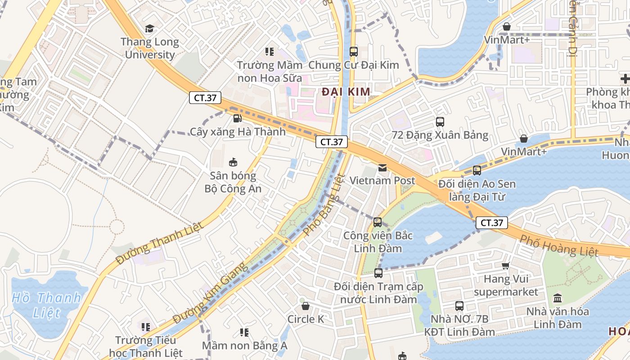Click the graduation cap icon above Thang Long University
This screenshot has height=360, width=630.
click(149, 29)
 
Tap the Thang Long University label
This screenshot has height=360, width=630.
click(150, 49)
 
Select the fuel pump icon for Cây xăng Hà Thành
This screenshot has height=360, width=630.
click(237, 118)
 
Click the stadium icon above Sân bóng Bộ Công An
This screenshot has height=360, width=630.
click(233, 162)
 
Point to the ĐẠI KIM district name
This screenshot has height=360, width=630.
click(346, 92)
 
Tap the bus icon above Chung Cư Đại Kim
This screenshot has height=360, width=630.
click(354, 51)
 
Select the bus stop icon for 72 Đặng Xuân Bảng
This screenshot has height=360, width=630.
click(440, 121)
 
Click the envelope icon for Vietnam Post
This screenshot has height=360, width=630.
click(382, 168)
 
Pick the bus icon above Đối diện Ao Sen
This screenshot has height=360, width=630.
click(477, 171)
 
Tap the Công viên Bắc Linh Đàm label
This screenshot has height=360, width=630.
click(378, 242)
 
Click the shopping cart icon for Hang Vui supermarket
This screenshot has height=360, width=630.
click(506, 265)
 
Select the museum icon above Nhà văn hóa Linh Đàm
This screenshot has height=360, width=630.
click(558, 298)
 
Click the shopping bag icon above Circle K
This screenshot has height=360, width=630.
click(306, 306)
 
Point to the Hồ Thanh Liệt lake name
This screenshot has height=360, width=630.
click(46, 305)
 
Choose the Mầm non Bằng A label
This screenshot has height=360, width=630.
click(244, 346)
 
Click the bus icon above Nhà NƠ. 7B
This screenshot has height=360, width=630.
click(459, 306)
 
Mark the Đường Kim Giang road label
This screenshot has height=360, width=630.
click(211, 293)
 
